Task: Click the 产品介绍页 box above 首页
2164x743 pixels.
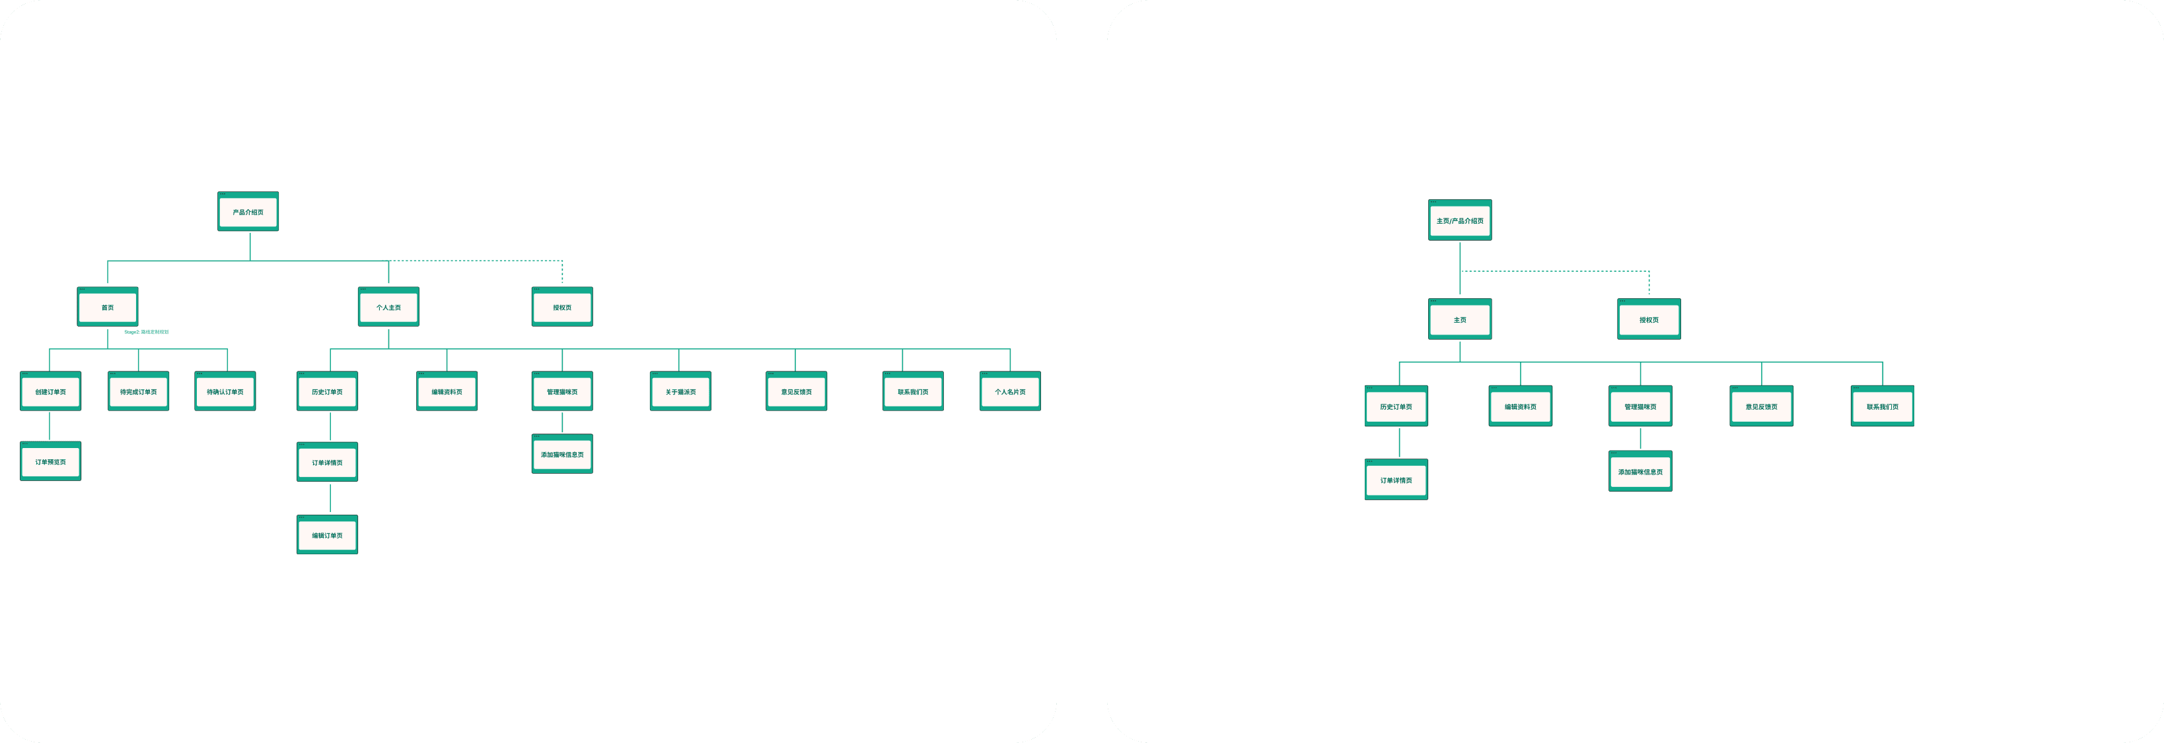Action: click(x=248, y=212)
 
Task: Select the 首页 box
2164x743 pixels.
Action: click(x=108, y=307)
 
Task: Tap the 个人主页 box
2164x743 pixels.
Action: click(x=388, y=307)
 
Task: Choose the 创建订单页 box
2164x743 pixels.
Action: click(x=50, y=391)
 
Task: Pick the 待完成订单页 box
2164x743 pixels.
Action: click(x=138, y=391)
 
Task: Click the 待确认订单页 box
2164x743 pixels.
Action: click(x=225, y=391)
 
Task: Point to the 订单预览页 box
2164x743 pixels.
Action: click(x=50, y=462)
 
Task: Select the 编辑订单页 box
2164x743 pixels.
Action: click(x=327, y=534)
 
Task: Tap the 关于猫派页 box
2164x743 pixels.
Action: click(x=680, y=391)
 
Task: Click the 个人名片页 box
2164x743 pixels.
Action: click(x=1010, y=391)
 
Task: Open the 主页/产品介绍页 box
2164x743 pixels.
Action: click(x=1460, y=221)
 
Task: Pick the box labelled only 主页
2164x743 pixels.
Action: click(x=1460, y=320)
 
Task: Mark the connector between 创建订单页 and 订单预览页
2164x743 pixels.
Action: click(x=50, y=426)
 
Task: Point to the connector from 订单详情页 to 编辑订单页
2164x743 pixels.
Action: click(x=330, y=498)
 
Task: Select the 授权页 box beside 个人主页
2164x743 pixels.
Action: click(x=562, y=307)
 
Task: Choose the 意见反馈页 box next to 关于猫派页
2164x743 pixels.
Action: click(x=797, y=391)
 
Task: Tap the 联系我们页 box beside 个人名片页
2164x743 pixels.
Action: click(x=912, y=391)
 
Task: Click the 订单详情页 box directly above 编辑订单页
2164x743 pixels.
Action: click(x=327, y=463)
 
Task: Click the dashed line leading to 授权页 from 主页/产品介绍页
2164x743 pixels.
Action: click(x=1554, y=271)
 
